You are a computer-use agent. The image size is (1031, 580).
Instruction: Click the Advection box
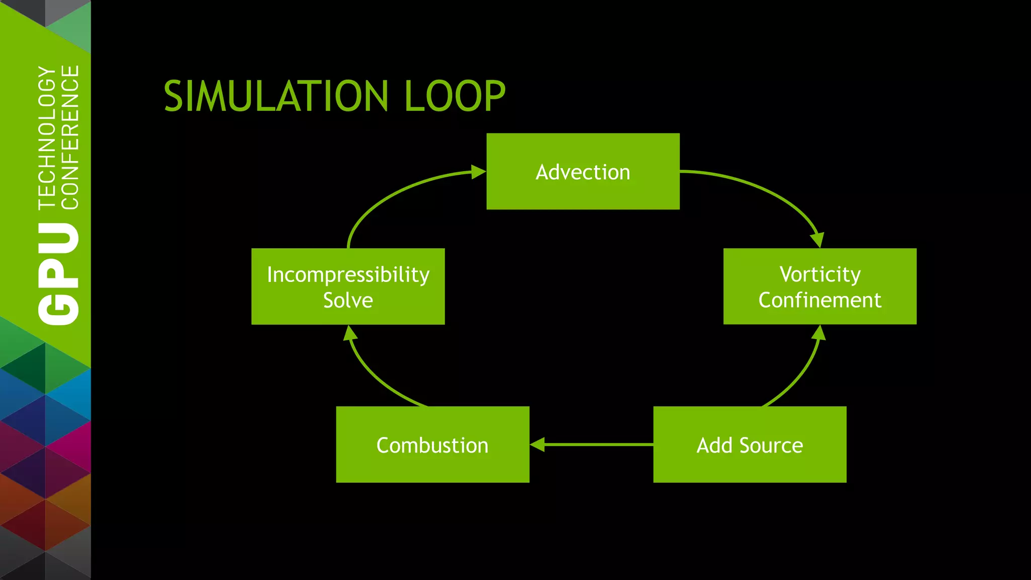point(583,172)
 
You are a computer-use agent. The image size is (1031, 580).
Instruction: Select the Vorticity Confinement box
point(820,286)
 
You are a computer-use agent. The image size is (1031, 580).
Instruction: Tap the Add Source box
point(750,445)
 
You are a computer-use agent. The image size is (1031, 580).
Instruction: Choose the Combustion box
point(432,445)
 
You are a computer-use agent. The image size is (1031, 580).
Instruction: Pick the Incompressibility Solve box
point(348,286)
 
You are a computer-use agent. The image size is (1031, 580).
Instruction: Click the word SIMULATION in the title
point(276,96)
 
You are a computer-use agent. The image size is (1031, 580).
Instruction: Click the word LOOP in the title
point(455,96)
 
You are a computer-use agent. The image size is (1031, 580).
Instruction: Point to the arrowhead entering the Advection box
point(478,172)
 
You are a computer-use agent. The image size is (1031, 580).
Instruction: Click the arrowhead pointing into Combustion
point(538,445)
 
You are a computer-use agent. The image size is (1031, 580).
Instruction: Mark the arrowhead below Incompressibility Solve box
point(350,333)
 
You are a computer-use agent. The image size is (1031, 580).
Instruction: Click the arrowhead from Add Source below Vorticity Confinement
point(819,333)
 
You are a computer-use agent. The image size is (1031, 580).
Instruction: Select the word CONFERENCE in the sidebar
point(70,137)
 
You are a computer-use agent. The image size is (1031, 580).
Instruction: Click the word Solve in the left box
point(348,301)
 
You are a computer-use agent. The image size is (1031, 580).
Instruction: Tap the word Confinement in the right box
point(820,301)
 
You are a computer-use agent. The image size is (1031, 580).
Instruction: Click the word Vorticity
point(820,274)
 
